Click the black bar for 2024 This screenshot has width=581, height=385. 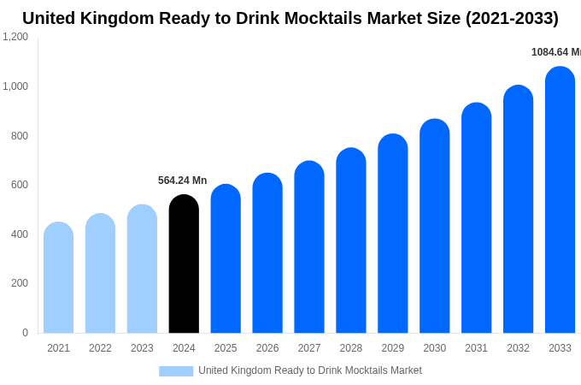[x=184, y=265]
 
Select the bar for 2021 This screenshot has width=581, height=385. [x=58, y=278]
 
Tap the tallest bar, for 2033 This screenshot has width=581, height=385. [x=560, y=201]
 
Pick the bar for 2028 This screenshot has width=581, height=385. [x=350, y=241]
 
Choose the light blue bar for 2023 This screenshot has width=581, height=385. [x=142, y=269]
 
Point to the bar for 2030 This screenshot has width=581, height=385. [x=434, y=227]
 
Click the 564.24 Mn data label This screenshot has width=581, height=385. [x=182, y=181]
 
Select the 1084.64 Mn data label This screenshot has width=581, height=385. [x=555, y=52]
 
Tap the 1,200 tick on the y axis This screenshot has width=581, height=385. [x=15, y=37]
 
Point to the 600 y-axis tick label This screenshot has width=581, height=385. [x=19, y=185]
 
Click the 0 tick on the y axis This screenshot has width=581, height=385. [x=25, y=333]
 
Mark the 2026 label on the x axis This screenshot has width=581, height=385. [x=267, y=348]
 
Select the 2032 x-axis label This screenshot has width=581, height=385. [x=518, y=348]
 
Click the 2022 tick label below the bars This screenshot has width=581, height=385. [x=100, y=348]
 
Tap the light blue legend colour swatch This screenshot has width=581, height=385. [x=176, y=371]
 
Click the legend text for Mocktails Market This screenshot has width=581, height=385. [x=309, y=370]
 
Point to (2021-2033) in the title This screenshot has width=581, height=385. [x=512, y=18]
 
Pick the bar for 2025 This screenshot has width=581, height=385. [x=226, y=259]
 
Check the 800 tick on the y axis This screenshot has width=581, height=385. [x=19, y=136]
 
